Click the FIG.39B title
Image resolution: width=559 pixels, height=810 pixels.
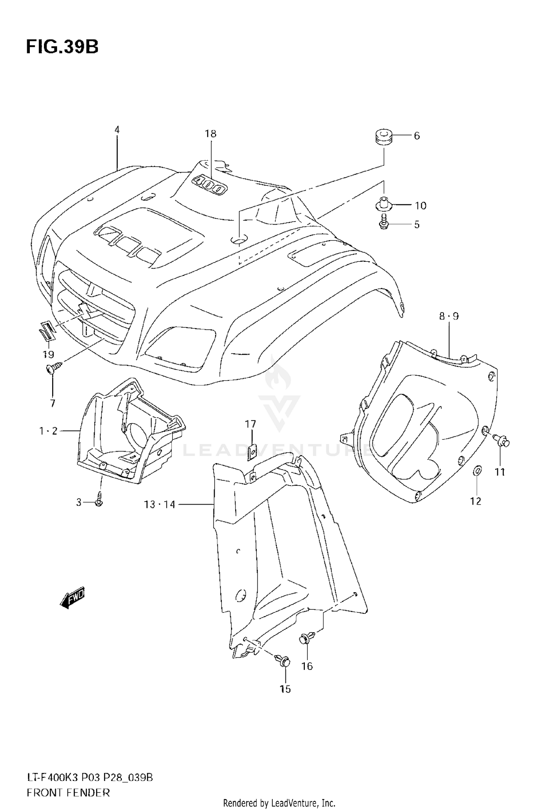(x=62, y=47)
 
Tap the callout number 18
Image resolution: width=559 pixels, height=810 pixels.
(x=211, y=134)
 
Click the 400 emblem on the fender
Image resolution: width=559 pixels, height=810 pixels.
(x=209, y=185)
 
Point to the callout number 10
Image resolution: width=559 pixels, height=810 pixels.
(x=420, y=205)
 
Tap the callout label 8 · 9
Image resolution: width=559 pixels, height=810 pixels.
(x=449, y=316)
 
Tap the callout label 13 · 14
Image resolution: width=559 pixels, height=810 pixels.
(x=160, y=505)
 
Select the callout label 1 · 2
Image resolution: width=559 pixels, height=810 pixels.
(x=48, y=431)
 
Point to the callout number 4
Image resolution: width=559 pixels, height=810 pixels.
(x=117, y=130)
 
